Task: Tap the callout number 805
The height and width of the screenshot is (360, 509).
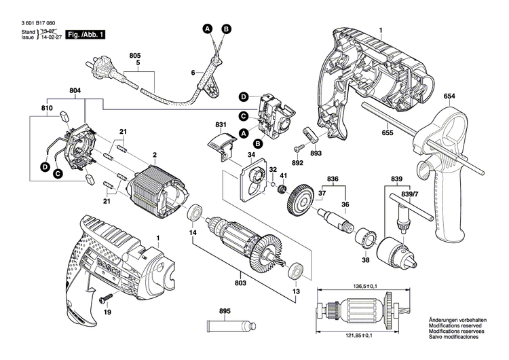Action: [x=135, y=54]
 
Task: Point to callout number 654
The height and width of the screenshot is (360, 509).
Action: [x=449, y=96]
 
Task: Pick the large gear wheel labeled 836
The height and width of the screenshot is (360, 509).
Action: [x=300, y=202]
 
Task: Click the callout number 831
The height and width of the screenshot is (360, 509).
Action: [x=220, y=125]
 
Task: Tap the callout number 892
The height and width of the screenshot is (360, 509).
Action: [x=297, y=163]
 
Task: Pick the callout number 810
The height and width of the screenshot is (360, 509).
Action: [x=47, y=108]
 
